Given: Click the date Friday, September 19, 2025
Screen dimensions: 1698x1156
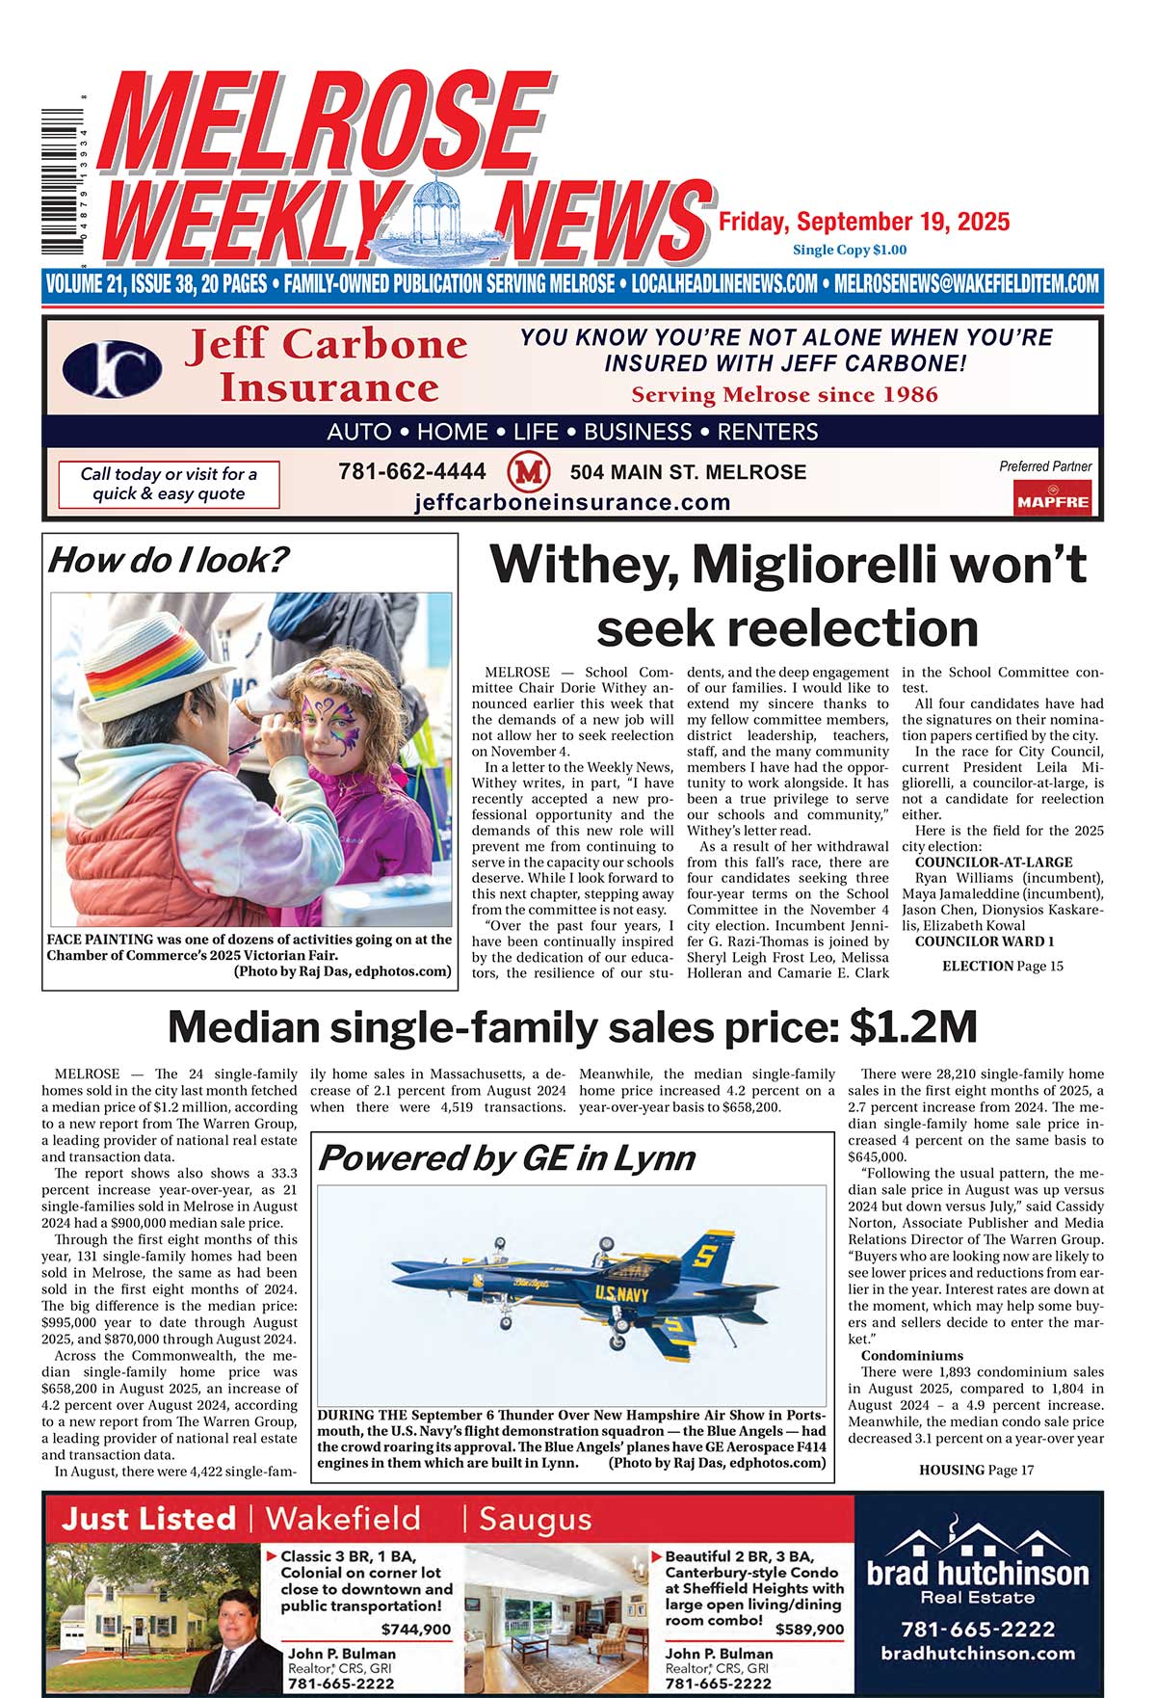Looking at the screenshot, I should pyautogui.click(x=864, y=222).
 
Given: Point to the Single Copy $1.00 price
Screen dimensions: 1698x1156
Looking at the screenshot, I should pyautogui.click(x=850, y=250).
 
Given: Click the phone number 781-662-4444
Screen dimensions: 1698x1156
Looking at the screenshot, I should pyautogui.click(x=412, y=472).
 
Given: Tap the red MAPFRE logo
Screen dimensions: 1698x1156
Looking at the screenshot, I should pyautogui.click(x=1052, y=500).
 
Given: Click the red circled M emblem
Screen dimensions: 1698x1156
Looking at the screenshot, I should pyautogui.click(x=527, y=472).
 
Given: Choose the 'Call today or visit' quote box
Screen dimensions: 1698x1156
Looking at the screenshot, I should pyautogui.click(x=169, y=484).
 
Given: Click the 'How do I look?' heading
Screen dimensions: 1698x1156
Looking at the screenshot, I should pyautogui.click(x=168, y=560).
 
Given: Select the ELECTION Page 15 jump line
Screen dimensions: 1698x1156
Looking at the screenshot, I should pyautogui.click(x=1002, y=966).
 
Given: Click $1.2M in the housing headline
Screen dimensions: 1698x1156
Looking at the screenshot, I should pyautogui.click(x=913, y=1027).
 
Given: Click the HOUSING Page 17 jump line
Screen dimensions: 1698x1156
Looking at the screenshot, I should pyautogui.click(x=976, y=1470).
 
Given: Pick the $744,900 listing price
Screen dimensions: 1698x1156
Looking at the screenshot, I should pyautogui.click(x=416, y=1630).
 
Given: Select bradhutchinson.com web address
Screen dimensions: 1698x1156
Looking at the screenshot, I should pyautogui.click(x=978, y=1653).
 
